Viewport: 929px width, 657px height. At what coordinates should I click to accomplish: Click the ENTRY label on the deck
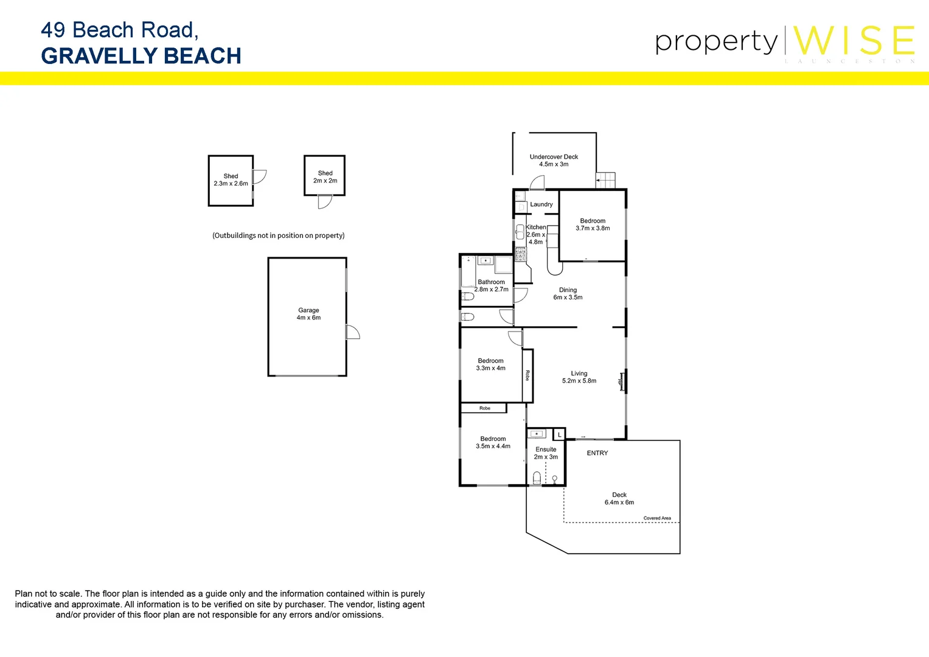[x=597, y=453]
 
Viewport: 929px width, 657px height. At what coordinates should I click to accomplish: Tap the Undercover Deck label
[x=554, y=161]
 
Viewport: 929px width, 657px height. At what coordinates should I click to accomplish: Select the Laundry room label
[x=541, y=204]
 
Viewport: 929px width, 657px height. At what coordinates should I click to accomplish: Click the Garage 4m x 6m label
[x=308, y=314]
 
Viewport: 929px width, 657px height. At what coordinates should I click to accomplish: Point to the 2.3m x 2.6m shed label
[x=231, y=180]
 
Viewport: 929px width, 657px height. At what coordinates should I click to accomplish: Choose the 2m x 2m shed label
[x=325, y=177]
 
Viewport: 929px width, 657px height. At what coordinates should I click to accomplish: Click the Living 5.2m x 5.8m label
[x=579, y=377]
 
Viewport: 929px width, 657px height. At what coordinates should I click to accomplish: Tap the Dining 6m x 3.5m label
[x=568, y=294]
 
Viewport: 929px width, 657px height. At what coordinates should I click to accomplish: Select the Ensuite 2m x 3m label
[x=546, y=453]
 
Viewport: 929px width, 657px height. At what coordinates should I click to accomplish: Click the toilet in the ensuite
[x=537, y=478]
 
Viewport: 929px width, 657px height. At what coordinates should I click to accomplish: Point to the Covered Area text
[x=657, y=518]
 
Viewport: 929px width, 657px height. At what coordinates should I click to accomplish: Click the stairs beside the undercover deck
[x=605, y=181]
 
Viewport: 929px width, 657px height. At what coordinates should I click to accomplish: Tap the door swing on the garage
[x=353, y=332]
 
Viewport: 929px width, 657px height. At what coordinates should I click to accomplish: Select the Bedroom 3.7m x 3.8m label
[x=593, y=224]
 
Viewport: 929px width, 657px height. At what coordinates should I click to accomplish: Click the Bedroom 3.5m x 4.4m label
[x=493, y=442]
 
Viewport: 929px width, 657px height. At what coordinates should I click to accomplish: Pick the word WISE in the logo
[x=854, y=41]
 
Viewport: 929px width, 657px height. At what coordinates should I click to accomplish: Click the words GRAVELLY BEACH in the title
[x=141, y=56]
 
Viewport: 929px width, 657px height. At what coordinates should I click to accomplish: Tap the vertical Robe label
[x=527, y=375]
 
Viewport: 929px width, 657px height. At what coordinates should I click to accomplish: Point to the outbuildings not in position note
[x=278, y=235]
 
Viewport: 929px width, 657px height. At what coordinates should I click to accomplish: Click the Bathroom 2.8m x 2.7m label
[x=491, y=285]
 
